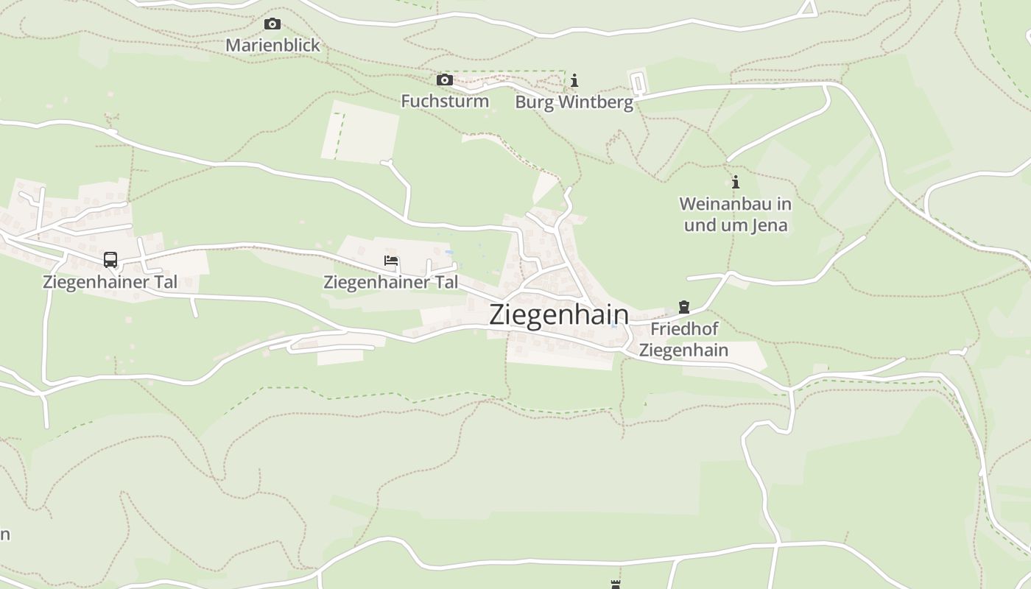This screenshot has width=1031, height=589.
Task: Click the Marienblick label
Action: tap(272, 45)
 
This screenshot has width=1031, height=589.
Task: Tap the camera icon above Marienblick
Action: tap(272, 24)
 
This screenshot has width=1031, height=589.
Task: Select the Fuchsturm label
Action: tap(444, 101)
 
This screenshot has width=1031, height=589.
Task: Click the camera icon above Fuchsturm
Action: tap(444, 80)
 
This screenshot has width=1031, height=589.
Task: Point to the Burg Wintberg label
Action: tap(574, 102)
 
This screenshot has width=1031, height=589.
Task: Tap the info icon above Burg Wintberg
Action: tap(574, 80)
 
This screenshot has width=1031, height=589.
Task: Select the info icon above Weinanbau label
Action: tap(735, 182)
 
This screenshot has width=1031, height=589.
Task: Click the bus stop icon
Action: tap(110, 259)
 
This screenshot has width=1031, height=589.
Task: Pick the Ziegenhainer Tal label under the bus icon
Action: tap(110, 282)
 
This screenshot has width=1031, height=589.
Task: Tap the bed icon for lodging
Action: tap(391, 261)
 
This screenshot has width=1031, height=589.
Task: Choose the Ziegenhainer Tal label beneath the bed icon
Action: tap(390, 282)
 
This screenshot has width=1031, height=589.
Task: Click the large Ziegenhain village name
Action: tap(559, 314)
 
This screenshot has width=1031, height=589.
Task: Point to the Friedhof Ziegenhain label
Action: tap(683, 339)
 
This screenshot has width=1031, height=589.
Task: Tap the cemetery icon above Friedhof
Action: tap(684, 307)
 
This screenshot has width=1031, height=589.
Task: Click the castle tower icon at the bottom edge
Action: tap(616, 585)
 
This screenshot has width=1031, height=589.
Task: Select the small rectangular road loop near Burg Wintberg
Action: tap(638, 82)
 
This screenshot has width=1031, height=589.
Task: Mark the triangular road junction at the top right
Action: tap(809, 9)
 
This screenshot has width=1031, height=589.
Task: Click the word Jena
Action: tap(768, 225)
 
